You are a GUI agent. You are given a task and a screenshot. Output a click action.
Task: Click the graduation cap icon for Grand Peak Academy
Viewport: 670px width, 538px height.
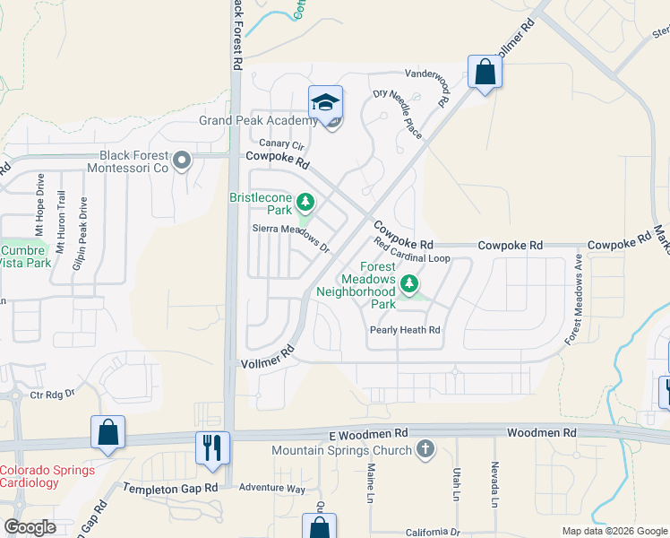(x=326, y=101)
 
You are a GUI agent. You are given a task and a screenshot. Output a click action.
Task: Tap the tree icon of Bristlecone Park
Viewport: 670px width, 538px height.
(x=305, y=200)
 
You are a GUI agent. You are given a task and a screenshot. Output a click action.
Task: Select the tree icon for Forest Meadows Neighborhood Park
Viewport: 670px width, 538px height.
(x=409, y=284)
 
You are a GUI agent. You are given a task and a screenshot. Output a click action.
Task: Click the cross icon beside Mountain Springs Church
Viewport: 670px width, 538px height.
(x=425, y=449)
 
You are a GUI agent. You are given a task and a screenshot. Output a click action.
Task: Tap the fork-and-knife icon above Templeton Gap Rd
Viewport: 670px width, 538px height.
(x=212, y=446)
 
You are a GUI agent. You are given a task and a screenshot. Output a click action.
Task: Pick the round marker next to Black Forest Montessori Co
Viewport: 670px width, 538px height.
(x=183, y=161)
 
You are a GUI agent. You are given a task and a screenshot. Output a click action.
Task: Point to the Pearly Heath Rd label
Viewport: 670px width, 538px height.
(x=406, y=330)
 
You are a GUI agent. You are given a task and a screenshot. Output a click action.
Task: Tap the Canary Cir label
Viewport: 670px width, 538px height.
(x=282, y=144)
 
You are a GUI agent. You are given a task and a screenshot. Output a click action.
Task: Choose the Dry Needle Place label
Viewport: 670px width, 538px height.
(x=398, y=112)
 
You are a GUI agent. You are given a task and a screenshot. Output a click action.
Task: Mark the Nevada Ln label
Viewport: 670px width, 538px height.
(x=494, y=483)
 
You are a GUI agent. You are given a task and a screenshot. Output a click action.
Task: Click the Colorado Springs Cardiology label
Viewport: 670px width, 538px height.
(x=41, y=476)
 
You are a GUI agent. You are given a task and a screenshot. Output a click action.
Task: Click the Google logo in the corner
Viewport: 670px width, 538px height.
(x=30, y=527)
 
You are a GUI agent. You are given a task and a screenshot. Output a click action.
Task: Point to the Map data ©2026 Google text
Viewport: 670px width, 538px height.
(x=614, y=531)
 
